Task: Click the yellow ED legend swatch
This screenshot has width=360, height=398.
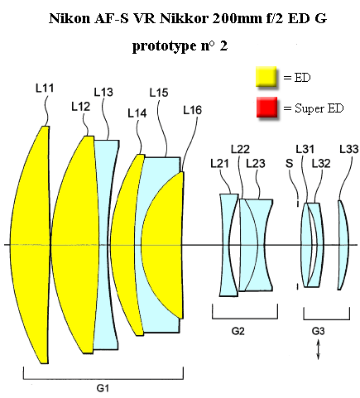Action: pos(266,76)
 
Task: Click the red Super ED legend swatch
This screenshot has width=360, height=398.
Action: pos(266,107)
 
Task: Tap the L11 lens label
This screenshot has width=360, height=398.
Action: pos(45,89)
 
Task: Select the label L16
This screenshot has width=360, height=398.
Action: pos(193,110)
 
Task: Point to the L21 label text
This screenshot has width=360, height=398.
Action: pos(219,164)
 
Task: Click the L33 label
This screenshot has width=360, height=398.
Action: pos(349,149)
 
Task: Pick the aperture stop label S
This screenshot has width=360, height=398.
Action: pos(289,164)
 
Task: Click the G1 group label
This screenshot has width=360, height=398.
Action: pos(103,388)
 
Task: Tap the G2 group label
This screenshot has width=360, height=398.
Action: pos(238,331)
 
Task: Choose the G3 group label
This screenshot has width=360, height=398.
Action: pos(318,331)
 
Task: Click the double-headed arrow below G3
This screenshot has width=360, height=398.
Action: pos(318,350)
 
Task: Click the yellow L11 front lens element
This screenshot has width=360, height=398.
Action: pos(31,245)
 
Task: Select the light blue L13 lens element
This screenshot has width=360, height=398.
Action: pos(106,245)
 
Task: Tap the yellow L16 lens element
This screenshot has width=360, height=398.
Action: pos(163,245)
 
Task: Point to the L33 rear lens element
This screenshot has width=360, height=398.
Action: pos(344,245)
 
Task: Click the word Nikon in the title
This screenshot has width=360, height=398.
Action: pos(70,18)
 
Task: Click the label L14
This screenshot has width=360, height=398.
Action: pos(137,113)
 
